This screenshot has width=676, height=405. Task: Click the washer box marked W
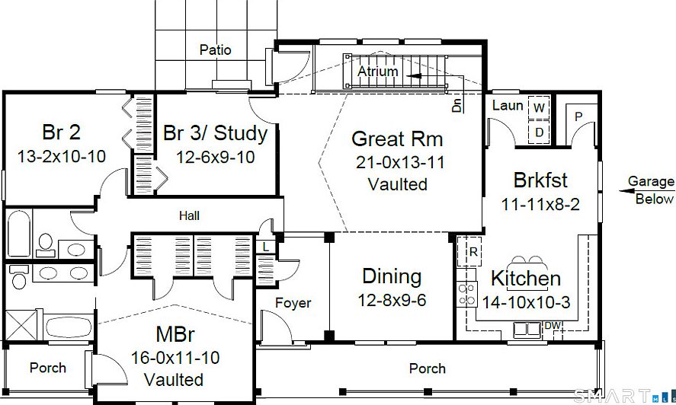[x=539, y=107]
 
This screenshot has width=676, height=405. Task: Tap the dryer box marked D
[x=539, y=132]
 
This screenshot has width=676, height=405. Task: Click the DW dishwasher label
[x=553, y=326]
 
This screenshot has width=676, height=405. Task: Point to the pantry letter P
[x=578, y=116]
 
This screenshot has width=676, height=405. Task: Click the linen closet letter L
[x=266, y=247]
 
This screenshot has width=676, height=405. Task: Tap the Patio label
[x=215, y=50]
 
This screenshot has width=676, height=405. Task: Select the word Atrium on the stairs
[x=378, y=71]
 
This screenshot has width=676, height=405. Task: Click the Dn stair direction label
[x=457, y=105]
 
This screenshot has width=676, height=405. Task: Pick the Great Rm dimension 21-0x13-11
[x=399, y=162]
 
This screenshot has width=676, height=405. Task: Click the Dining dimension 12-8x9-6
[x=392, y=300]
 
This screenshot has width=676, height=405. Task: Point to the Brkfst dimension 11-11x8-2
[x=540, y=204]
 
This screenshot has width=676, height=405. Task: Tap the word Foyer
[x=293, y=303]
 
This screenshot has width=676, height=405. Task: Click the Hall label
[x=189, y=215]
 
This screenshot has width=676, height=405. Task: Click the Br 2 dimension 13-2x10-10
[x=61, y=156]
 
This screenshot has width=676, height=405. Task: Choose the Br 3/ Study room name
[x=215, y=133]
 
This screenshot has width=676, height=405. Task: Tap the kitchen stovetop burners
[x=467, y=295]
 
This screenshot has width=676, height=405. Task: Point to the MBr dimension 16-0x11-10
[x=175, y=358]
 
